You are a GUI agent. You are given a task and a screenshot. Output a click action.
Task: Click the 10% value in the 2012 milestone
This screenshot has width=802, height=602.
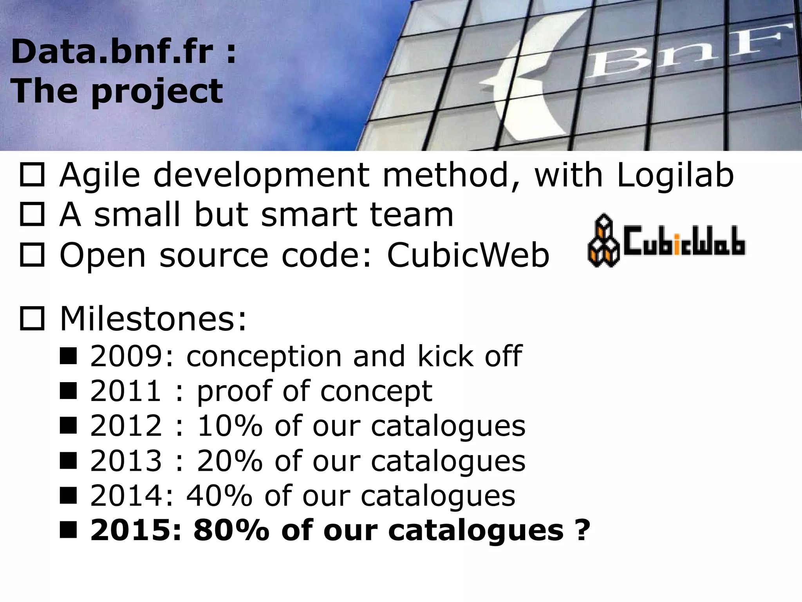pyautogui.click(x=229, y=426)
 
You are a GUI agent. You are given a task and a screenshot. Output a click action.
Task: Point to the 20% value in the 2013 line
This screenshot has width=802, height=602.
pyautogui.click(x=229, y=461)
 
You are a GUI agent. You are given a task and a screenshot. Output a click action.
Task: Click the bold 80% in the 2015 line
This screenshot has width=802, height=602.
pyautogui.click(x=231, y=530)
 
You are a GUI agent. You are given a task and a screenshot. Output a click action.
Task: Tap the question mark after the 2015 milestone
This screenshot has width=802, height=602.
pyautogui.click(x=582, y=530)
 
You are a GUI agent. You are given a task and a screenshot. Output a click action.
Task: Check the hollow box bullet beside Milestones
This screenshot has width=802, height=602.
pyautogui.click(x=32, y=319)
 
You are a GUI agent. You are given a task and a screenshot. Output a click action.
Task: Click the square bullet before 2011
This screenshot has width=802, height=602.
pyautogui.click(x=68, y=391)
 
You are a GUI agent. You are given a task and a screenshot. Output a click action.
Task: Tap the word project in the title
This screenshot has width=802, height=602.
pyautogui.click(x=157, y=92)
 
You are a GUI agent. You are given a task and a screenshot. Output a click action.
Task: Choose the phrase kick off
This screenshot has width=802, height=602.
pyautogui.click(x=469, y=356)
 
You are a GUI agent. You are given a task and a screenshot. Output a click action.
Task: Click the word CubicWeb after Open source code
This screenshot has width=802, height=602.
pyautogui.click(x=468, y=256)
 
